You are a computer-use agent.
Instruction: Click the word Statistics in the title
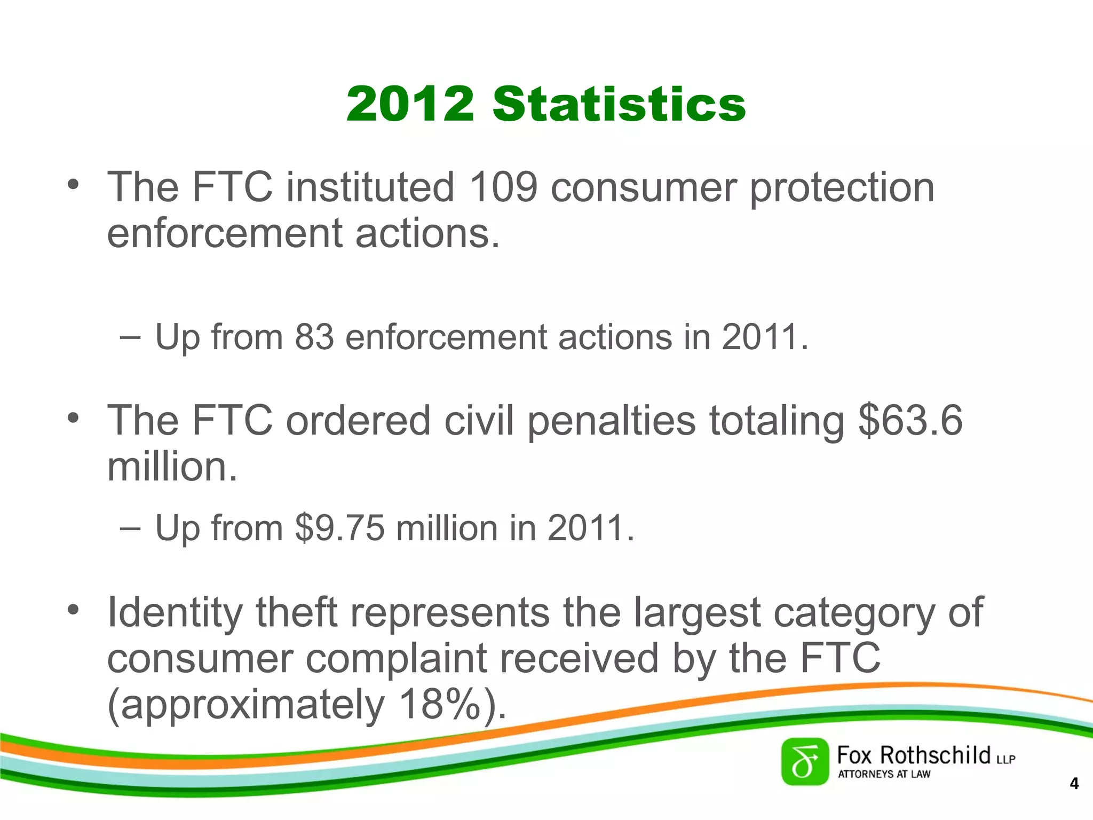click(x=619, y=104)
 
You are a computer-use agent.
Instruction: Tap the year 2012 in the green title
click(x=410, y=104)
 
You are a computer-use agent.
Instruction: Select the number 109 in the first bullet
click(x=503, y=187)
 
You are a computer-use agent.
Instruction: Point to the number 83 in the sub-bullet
click(x=314, y=337)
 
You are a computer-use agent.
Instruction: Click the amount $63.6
click(x=910, y=421)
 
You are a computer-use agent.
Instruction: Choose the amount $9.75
click(x=339, y=528)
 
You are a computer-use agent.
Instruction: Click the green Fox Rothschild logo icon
click(x=805, y=762)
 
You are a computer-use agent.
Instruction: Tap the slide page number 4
click(x=1074, y=784)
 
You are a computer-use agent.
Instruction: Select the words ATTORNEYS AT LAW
click(x=884, y=774)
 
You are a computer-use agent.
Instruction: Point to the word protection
click(x=842, y=187)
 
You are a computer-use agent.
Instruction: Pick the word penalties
click(x=612, y=421)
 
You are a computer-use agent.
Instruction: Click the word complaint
click(x=396, y=658)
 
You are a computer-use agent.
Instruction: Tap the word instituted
click(x=370, y=187)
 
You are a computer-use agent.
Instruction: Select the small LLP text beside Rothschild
click(x=1005, y=759)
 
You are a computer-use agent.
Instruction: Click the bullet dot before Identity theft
click(x=74, y=610)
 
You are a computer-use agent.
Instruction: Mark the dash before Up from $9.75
click(x=130, y=529)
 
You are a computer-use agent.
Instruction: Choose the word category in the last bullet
click(x=854, y=612)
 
